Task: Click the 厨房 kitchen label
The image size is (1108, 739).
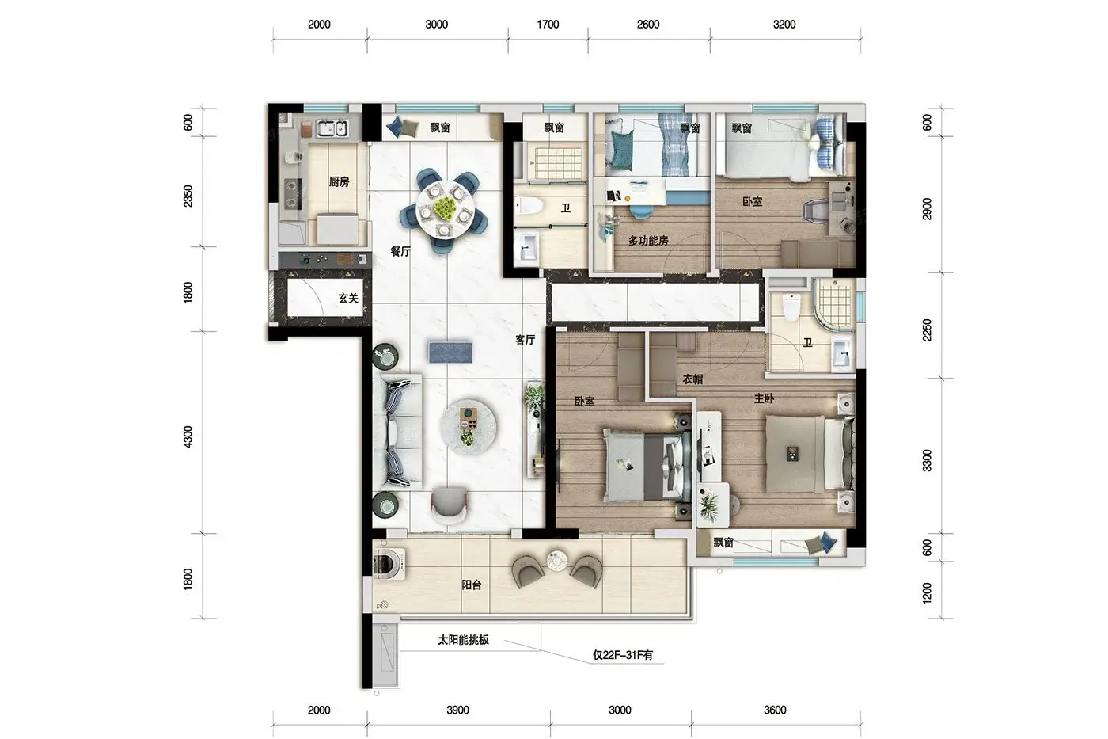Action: pyautogui.click(x=340, y=182)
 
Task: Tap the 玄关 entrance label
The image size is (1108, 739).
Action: pyautogui.click(x=348, y=298)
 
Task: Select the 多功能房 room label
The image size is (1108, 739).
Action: pyautogui.click(x=648, y=241)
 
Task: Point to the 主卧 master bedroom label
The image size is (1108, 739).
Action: pyautogui.click(x=765, y=398)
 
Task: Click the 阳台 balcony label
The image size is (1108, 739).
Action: pyautogui.click(x=472, y=585)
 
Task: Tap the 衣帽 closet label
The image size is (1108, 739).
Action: pyautogui.click(x=693, y=379)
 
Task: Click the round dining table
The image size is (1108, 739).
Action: pyautogui.click(x=445, y=210)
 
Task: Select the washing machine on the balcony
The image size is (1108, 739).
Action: pyautogui.click(x=389, y=563)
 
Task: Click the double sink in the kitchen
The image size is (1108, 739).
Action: pyautogui.click(x=332, y=128)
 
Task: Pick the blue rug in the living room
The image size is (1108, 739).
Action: pyautogui.click(x=450, y=352)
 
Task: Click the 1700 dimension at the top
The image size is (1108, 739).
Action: pyautogui.click(x=548, y=25)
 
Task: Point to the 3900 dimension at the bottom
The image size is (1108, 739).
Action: pyautogui.click(x=458, y=710)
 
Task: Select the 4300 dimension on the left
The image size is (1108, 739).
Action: pyautogui.click(x=188, y=437)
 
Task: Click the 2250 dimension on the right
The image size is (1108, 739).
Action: pyautogui.click(x=927, y=330)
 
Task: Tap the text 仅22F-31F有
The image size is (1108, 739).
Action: pyautogui.click(x=624, y=655)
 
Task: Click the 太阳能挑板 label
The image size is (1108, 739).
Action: pyautogui.click(x=464, y=639)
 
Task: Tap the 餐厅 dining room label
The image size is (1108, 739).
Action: pyautogui.click(x=400, y=251)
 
